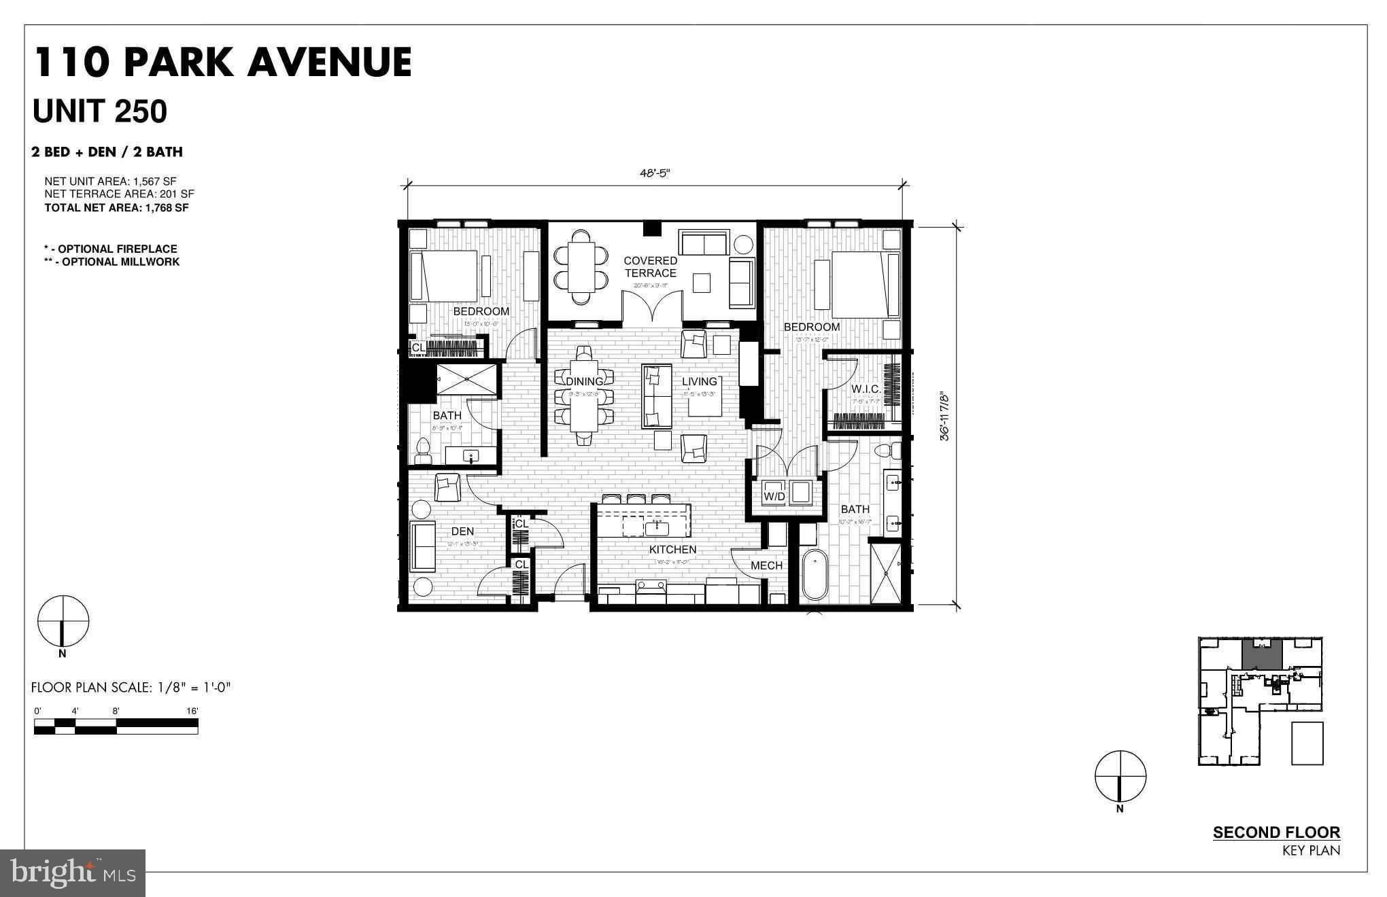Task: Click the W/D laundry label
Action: (774, 497)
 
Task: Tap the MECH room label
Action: (766, 565)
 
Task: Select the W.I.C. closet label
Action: (866, 389)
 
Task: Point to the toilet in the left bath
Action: (422, 450)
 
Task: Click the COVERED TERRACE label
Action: (650, 266)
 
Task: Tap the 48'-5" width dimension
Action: (654, 173)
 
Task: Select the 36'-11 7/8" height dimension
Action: (944, 416)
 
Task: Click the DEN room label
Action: (462, 531)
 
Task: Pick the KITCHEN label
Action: (672, 549)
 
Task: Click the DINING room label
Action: (584, 381)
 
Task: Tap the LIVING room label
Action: (699, 381)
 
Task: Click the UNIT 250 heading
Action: (100, 111)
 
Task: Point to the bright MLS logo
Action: (73, 873)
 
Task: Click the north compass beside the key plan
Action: (1120, 776)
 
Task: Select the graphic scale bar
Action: (116, 726)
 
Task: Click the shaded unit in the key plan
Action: (1262, 653)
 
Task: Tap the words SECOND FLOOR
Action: (1276, 832)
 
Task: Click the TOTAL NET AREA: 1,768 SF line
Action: (116, 208)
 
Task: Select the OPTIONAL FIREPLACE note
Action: (111, 249)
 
